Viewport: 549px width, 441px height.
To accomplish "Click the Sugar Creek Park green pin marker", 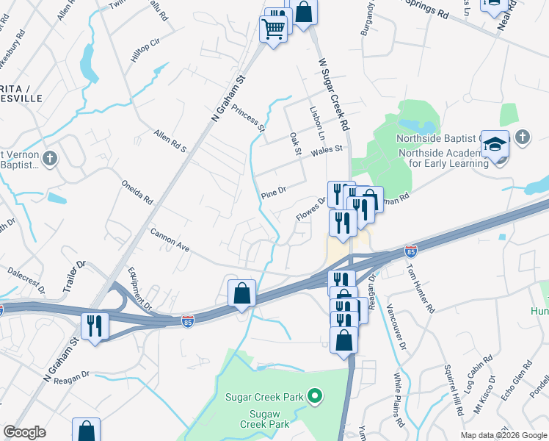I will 315,397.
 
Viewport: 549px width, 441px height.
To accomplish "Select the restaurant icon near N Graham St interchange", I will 95,325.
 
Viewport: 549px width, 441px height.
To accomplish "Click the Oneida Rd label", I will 137,190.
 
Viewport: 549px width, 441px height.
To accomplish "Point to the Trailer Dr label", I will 74,275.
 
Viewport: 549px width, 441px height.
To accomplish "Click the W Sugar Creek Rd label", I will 334,96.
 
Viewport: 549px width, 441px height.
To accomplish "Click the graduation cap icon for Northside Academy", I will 497,145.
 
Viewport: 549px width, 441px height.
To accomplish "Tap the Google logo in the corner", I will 24,432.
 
